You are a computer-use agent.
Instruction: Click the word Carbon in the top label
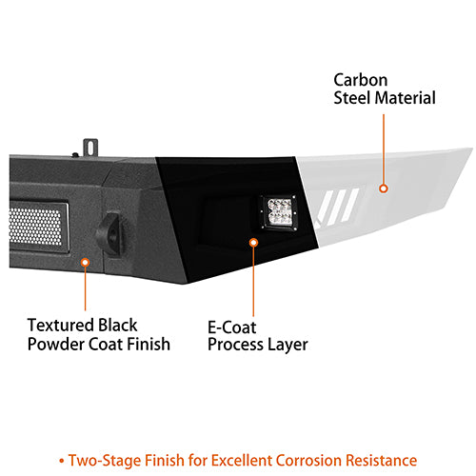pos(361,80)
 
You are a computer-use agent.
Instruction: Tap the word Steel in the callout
pos(352,98)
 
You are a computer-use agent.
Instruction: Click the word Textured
pos(60,326)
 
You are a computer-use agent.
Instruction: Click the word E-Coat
pos(232,327)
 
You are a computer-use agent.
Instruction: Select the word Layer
pos(288,346)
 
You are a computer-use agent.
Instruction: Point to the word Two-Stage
pos(104,461)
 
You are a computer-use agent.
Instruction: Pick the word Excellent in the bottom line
pos(242,460)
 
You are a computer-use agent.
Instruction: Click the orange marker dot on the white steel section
pos(384,188)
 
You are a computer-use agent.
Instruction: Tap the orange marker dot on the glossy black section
pos(253,243)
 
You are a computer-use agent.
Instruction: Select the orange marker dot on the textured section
pos(85,263)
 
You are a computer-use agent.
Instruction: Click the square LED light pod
pos(280,212)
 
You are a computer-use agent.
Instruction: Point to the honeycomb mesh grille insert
pos(35,226)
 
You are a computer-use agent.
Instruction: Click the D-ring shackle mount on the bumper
pos(109,233)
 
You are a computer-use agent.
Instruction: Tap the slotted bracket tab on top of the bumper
pos(90,148)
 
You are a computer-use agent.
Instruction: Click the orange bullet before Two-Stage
pos(61,461)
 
